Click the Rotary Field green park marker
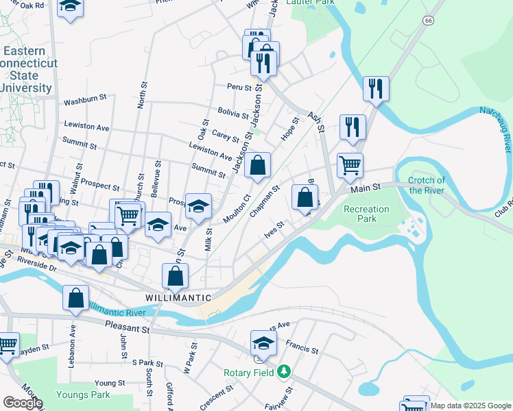[x=283, y=372]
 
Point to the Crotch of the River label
[x=427, y=186]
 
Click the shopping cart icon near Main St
[x=350, y=165]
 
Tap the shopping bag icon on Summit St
[x=257, y=165]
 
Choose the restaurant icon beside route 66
[x=376, y=88]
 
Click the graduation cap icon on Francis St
[x=263, y=342]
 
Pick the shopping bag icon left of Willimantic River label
[x=75, y=298]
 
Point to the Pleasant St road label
[x=127, y=329]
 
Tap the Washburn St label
[x=85, y=101]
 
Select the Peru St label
[x=240, y=88]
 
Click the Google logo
[x=23, y=403]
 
